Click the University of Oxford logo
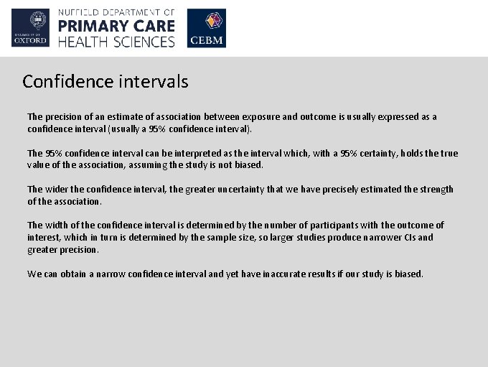(30, 28)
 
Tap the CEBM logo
(206, 28)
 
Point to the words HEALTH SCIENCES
(116, 42)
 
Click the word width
(56, 226)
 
